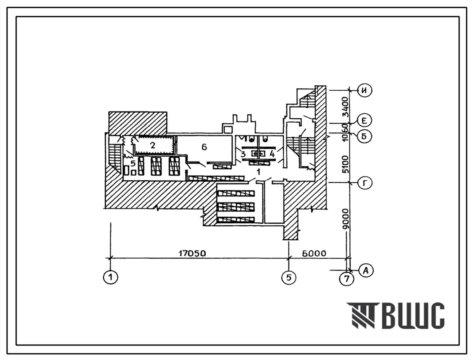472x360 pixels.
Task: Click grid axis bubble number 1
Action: (111, 277)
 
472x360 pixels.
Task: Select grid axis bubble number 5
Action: (289, 277)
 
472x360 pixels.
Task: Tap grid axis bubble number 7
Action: (347, 279)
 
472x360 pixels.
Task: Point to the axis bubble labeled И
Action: (365, 90)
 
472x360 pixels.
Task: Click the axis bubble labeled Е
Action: (365, 121)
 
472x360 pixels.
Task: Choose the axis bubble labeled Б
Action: (365, 136)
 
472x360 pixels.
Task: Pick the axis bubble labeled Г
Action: (365, 183)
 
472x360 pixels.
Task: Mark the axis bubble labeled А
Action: (366, 270)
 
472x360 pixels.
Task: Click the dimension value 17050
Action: (192, 253)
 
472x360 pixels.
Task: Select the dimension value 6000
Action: (314, 253)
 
